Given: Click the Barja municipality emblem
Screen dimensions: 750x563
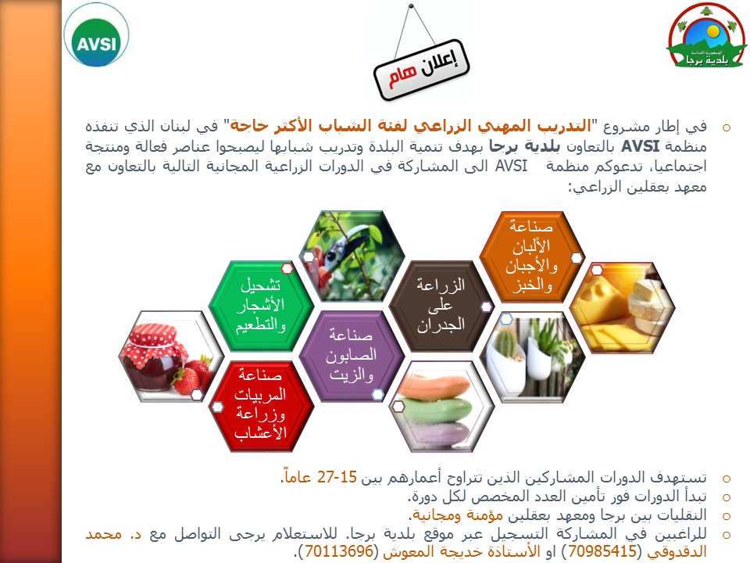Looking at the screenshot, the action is pyautogui.click(x=706, y=35).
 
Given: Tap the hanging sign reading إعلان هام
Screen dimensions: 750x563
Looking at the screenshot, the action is pyautogui.click(x=421, y=70).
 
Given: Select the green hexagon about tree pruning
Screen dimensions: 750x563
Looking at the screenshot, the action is pyautogui.click(x=261, y=306).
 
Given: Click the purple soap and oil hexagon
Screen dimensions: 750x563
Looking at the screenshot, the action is pyautogui.click(x=352, y=355).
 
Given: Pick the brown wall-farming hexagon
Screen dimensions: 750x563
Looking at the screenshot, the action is pyautogui.click(x=441, y=306).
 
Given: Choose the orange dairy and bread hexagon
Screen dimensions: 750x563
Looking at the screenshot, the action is pyautogui.click(x=531, y=256).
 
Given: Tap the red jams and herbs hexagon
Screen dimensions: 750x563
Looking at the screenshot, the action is pyautogui.click(x=261, y=406).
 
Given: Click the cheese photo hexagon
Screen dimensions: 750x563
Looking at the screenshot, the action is pyautogui.click(x=622, y=308).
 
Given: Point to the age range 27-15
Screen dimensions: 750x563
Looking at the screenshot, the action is pyautogui.click(x=337, y=477).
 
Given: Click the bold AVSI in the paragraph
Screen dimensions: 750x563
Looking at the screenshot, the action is pyautogui.click(x=640, y=146).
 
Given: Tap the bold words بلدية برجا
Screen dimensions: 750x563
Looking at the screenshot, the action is pyautogui.click(x=525, y=146).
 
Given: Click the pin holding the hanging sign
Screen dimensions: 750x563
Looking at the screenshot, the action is pyautogui.click(x=411, y=6).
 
